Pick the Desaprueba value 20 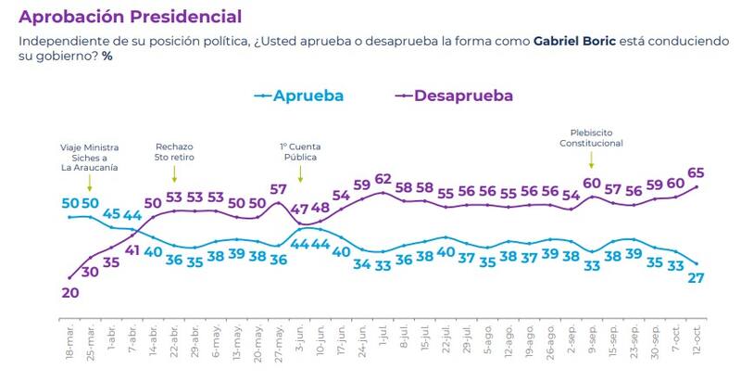69,293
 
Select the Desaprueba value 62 383,179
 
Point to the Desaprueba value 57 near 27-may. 279,189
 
